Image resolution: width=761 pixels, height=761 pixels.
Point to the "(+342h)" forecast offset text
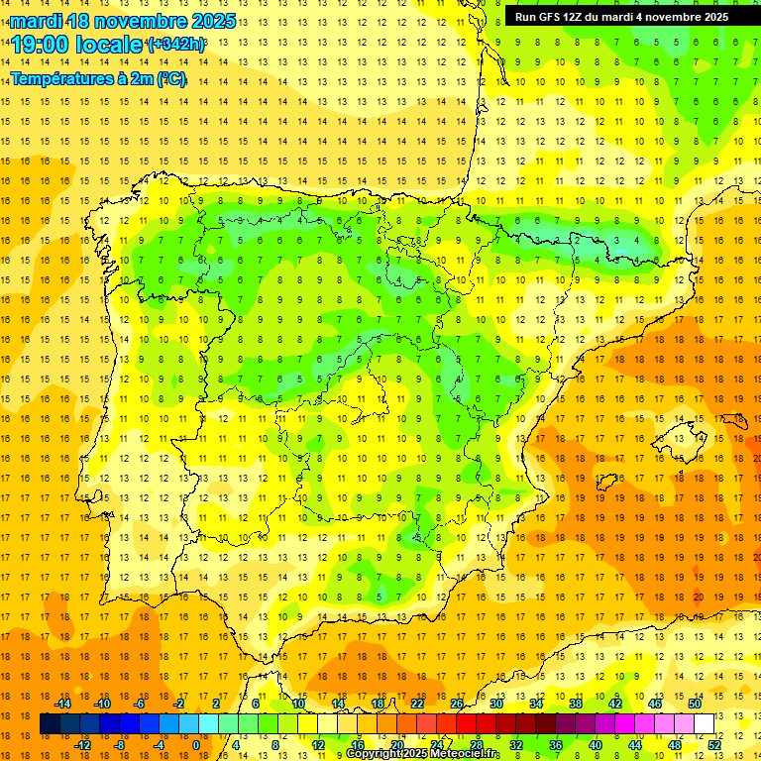[175, 45]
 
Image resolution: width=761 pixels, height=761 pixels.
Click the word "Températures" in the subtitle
[68, 79]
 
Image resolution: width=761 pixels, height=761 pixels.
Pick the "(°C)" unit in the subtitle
[169, 79]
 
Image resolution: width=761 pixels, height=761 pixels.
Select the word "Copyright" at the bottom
[376, 754]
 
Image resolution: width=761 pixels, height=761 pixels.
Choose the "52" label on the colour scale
[715, 745]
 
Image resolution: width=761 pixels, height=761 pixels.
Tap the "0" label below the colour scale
[195, 745]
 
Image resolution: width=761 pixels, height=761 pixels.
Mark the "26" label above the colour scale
[457, 704]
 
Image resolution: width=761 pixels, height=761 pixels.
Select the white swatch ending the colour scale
[704, 724]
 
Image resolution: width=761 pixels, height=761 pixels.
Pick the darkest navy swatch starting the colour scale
[50, 724]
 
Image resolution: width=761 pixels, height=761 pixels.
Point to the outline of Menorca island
[735, 418]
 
